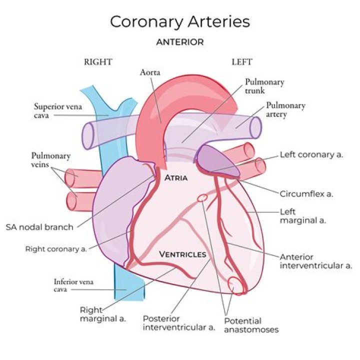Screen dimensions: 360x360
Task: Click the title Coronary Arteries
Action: pyautogui.click(x=180, y=22)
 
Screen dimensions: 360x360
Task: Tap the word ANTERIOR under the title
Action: pyautogui.click(x=180, y=42)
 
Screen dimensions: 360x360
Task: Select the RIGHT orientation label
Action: pyautogui.click(x=98, y=62)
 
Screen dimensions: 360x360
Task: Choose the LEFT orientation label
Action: pyautogui.click(x=242, y=62)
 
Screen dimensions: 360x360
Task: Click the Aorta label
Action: pyautogui.click(x=150, y=72)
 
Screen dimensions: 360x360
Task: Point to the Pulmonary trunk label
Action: pyautogui.click(x=264, y=86)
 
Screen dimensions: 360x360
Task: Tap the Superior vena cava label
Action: pyautogui.click(x=58, y=110)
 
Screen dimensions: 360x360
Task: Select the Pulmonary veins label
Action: pyautogui.click(x=50, y=160)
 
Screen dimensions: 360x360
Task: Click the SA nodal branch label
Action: pyautogui.click(x=39, y=227)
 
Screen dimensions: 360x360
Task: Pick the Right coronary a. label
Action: pyautogui.click(x=56, y=249)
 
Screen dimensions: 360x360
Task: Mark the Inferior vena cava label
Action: pyautogui.click(x=73, y=285)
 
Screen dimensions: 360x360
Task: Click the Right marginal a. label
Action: pyautogui.click(x=103, y=314)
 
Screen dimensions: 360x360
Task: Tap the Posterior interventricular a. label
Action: pyautogui.click(x=179, y=323)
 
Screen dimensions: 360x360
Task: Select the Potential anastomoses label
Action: pyautogui.click(x=251, y=325)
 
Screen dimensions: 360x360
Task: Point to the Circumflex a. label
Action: pyautogui.click(x=306, y=194)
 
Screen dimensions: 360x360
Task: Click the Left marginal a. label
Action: pyautogui.click(x=303, y=216)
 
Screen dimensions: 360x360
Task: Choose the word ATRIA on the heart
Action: pyautogui.click(x=176, y=178)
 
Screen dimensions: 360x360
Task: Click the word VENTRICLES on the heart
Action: pyautogui.click(x=183, y=254)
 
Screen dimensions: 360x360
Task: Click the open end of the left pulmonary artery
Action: pyautogui.click(x=255, y=128)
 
